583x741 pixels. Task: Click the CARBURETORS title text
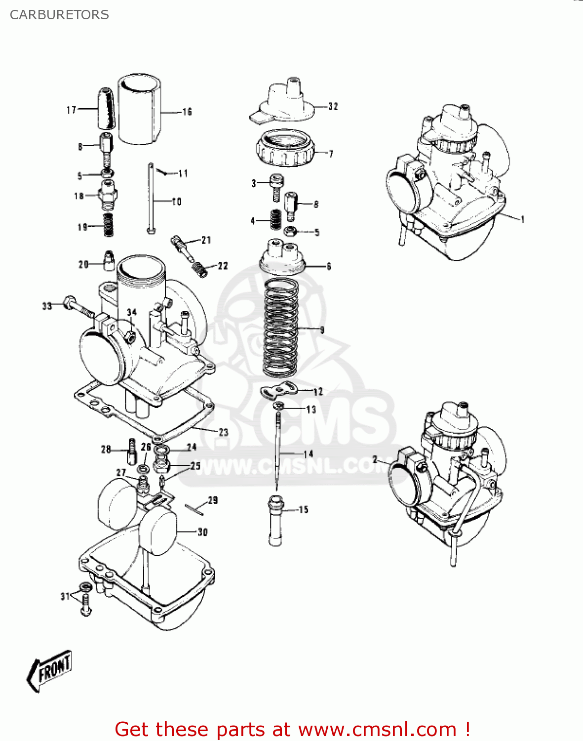point(59,15)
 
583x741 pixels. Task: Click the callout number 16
point(187,112)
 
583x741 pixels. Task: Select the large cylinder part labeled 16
point(139,110)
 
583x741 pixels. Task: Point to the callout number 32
point(333,106)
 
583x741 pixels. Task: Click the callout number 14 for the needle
point(309,453)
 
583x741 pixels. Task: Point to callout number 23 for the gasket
point(224,432)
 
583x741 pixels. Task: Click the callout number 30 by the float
point(202,532)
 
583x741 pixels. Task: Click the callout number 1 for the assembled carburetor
point(523,219)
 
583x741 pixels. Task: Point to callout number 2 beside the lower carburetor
point(375,459)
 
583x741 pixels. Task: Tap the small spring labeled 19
point(108,225)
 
